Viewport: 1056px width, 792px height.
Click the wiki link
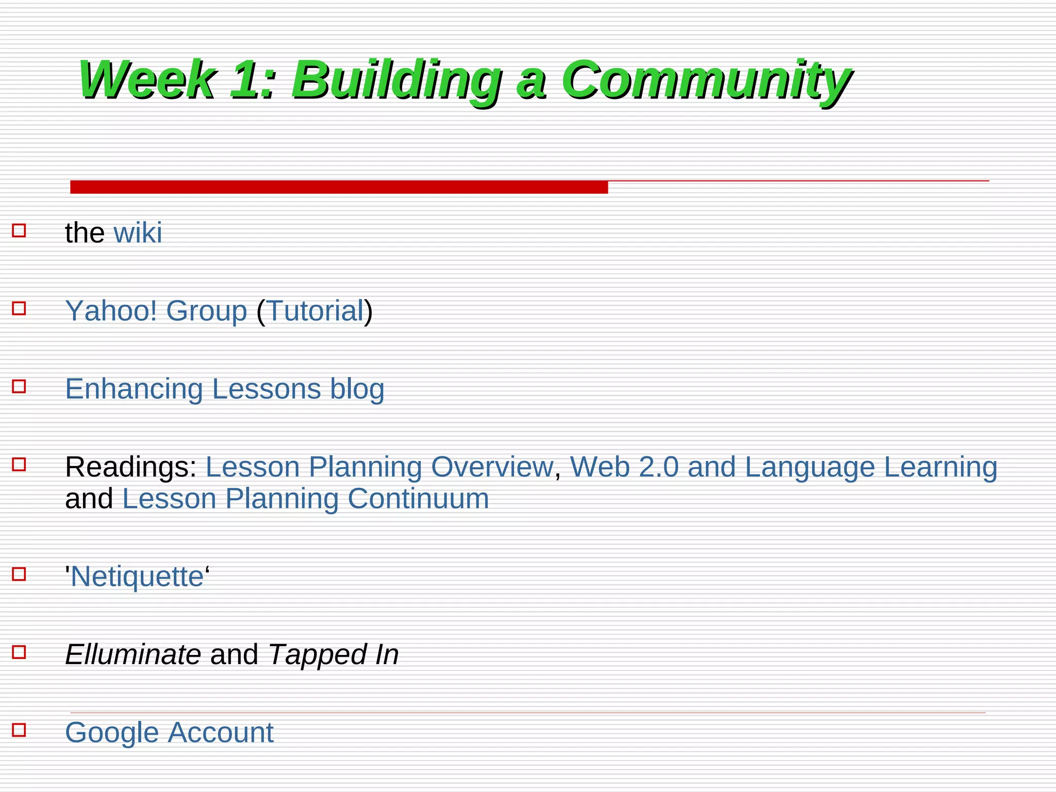click(138, 233)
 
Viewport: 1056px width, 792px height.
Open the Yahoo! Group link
click(156, 311)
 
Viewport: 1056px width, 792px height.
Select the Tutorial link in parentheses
click(315, 311)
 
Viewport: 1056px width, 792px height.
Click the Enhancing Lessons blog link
click(224, 389)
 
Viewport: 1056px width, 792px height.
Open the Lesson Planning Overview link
click(379, 467)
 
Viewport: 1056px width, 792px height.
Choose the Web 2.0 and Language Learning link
click(783, 467)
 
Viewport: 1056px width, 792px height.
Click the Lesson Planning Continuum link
click(305, 499)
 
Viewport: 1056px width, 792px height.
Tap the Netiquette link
click(137, 576)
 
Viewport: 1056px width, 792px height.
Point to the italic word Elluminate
click(133, 655)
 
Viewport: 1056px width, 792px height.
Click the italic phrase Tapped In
click(334, 655)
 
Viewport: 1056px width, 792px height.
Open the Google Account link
click(169, 733)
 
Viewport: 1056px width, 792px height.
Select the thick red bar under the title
click(339, 187)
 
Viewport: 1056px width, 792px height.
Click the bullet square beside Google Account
click(19, 730)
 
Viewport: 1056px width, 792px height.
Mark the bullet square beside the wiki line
click(19, 230)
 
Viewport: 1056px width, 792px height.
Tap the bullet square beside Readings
click(19, 465)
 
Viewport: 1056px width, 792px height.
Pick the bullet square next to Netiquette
click(19, 574)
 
